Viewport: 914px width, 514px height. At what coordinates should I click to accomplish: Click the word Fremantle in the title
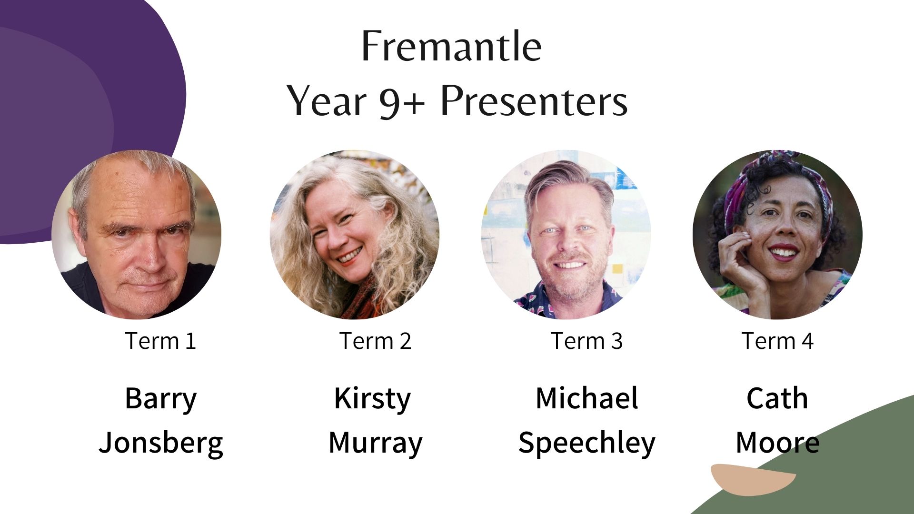pos(451,46)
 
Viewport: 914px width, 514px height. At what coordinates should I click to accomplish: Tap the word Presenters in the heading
pos(534,101)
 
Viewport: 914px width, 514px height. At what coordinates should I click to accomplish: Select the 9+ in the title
pos(402,102)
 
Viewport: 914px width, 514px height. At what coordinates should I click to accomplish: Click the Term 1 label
pos(160,341)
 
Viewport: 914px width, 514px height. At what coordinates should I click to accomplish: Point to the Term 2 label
pos(375,341)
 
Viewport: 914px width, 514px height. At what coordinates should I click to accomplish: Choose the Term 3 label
pos(586,341)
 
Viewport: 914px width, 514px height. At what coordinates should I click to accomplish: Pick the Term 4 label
pos(777,341)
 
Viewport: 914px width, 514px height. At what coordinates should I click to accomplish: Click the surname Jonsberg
pos(161,443)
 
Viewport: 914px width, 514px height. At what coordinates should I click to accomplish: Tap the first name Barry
pos(160,399)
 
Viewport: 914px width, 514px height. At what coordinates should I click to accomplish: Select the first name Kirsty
pos(372,399)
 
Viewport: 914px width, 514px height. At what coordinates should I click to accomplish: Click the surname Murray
pos(376,443)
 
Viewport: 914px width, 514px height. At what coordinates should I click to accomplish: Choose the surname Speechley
pos(586,443)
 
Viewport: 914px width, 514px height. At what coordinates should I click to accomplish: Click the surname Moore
pos(777,442)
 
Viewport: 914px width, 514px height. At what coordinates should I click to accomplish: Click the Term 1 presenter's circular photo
pos(136,235)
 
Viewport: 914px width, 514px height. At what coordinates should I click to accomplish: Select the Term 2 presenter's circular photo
pos(355,235)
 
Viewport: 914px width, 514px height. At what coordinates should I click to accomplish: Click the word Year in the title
pos(327,101)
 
